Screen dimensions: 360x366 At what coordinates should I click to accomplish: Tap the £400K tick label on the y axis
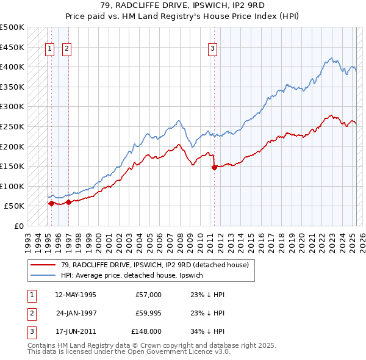[12, 67]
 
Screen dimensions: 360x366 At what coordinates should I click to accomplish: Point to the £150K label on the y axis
[12, 166]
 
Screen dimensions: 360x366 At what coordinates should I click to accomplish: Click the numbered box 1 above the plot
[49, 50]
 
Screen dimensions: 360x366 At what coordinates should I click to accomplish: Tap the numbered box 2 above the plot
[66, 50]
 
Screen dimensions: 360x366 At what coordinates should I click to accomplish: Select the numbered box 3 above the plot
[212, 50]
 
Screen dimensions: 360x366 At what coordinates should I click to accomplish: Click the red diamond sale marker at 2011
[214, 167]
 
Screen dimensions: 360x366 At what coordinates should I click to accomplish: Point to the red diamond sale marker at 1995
[51, 203]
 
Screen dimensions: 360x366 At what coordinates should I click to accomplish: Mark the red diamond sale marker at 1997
[69, 202]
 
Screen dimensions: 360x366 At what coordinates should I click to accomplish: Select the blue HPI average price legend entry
[138, 275]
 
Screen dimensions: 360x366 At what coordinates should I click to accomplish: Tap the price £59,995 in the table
[147, 313]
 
